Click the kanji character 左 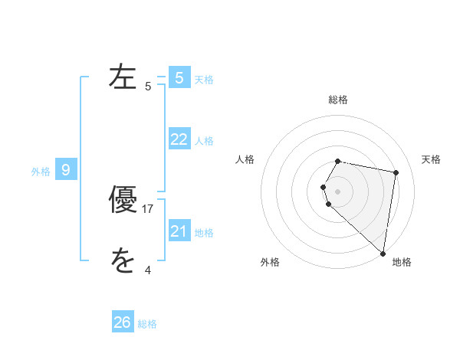tap(123, 77)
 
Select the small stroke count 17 tap(148, 208)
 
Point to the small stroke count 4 tap(148, 270)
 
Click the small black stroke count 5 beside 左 tap(148, 87)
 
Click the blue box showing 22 tap(179, 139)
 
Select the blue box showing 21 tap(179, 231)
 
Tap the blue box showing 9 tap(66, 170)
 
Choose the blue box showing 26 tap(123, 322)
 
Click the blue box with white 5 tap(179, 77)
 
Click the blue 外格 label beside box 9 tap(41, 172)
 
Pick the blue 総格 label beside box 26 tap(147, 324)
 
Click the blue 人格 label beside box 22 tap(204, 141)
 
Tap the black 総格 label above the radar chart tap(338, 100)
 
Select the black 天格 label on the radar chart tap(431, 159)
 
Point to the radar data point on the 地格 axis tap(383, 254)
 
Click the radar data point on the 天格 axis tap(396, 173)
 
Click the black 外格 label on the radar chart tap(270, 262)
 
